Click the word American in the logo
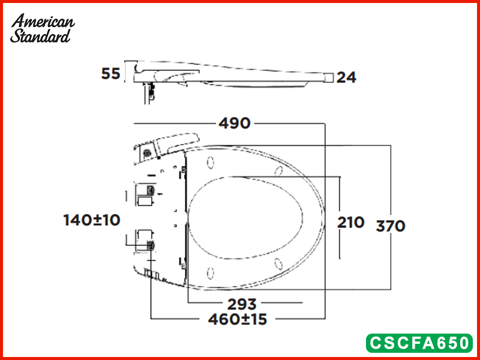pos(43,22)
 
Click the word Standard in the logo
pos(40,35)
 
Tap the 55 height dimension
pos(110,74)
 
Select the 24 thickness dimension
pos(346,77)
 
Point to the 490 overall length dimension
pos(234,123)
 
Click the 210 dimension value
pos(351,222)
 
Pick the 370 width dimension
pos(391,226)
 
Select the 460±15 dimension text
pos(238,319)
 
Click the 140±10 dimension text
pos(92,220)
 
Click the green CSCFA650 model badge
pos(419,343)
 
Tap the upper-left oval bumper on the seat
pos(211,163)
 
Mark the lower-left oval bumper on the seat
pos(211,273)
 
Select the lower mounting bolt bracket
pos(146,239)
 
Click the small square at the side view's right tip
pos(328,77)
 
